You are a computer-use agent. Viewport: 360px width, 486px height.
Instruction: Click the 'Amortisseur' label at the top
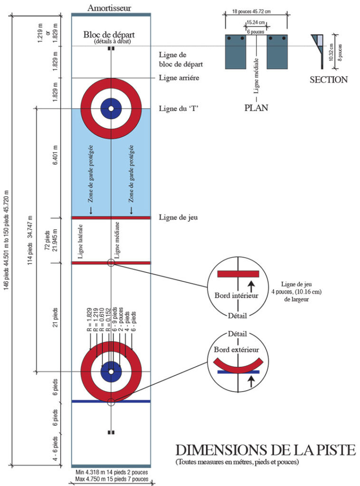pos(109,8)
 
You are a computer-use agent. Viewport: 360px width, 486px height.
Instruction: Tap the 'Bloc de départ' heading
pos(109,35)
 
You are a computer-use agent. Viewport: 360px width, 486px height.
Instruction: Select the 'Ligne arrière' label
pos(178,77)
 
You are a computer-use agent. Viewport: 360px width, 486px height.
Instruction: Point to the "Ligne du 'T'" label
pos(178,108)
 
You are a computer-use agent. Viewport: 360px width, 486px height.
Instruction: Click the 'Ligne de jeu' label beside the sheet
pos(178,217)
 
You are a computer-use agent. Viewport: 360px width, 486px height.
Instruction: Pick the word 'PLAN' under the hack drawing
pos(256,108)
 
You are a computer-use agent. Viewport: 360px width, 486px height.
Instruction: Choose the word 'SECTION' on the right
pos(329,80)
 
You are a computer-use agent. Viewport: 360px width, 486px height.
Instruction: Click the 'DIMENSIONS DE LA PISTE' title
pos(265,450)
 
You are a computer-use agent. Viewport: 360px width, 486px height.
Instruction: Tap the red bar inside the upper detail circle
pos(238,273)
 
